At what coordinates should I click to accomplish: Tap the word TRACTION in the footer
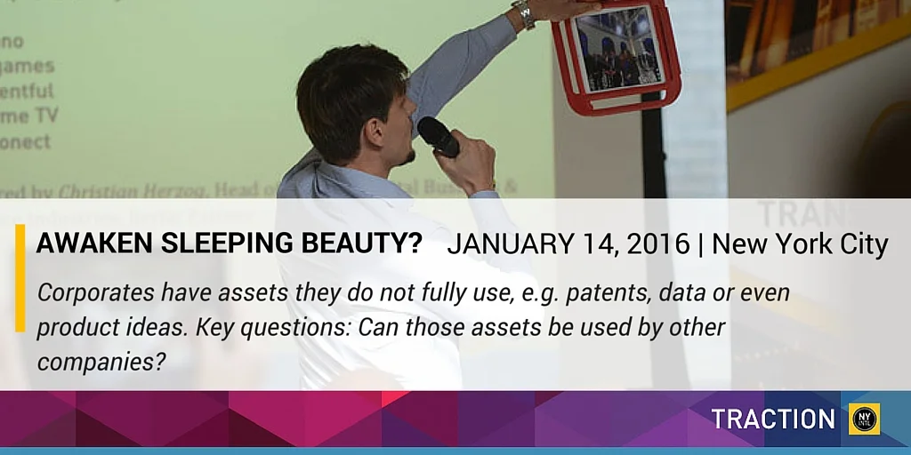[x=772, y=419]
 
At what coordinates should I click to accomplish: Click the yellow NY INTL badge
[x=864, y=419]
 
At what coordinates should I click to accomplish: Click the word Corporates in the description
[x=88, y=293]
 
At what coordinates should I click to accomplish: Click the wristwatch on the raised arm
[x=523, y=13]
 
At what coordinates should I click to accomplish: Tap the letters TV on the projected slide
[x=44, y=116]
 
